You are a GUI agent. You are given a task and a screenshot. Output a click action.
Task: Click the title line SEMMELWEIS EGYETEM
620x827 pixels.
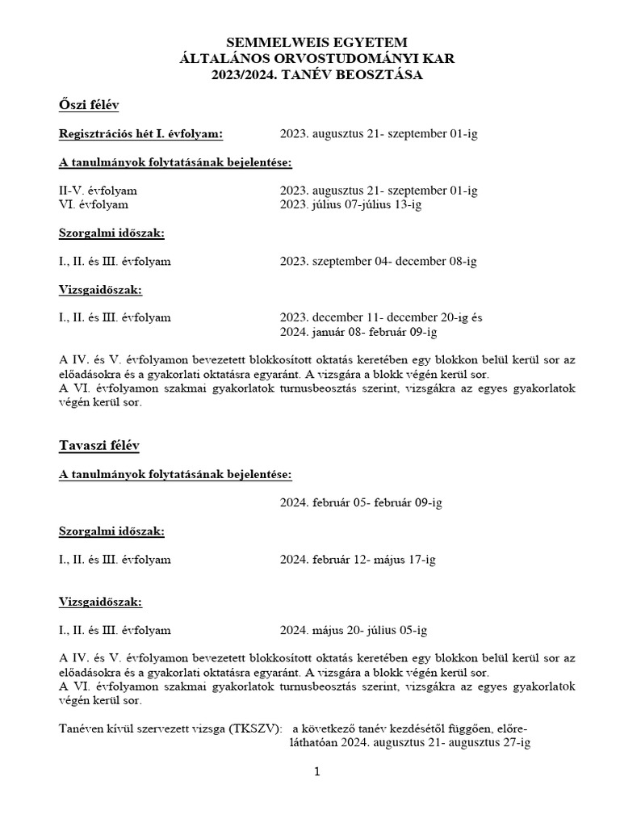pos(316,42)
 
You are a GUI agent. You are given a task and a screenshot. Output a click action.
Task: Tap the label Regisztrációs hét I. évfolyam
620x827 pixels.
pos(141,133)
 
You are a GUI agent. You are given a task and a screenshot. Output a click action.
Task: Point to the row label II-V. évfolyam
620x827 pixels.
pos(98,191)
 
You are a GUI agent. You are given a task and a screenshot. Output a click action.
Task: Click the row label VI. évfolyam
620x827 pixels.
pos(94,204)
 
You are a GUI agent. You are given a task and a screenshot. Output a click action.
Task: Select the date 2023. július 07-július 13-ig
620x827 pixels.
pos(351,204)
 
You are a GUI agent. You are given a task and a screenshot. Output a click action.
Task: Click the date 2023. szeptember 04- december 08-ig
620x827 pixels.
pos(379,261)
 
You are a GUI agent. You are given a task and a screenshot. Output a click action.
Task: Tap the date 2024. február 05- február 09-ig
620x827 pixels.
pos(361,502)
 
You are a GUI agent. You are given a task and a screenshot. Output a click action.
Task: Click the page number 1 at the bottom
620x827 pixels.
pos(317,772)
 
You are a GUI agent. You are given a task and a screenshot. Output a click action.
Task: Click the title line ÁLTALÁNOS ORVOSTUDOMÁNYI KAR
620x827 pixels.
pos(316,58)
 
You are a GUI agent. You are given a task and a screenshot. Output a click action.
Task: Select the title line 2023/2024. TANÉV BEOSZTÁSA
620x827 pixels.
pos(316,74)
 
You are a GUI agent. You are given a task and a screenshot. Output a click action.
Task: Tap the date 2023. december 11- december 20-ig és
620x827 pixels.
pos(382,317)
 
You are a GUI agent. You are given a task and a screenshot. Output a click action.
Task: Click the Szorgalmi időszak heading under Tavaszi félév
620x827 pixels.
pos(111,531)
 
